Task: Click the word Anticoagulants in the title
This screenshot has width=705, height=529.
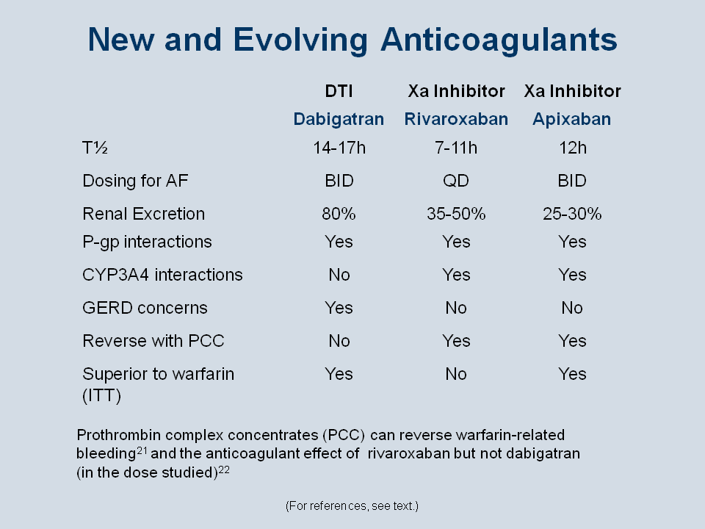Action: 499,40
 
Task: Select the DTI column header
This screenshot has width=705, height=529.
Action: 339,91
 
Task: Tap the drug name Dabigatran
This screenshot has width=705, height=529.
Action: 339,119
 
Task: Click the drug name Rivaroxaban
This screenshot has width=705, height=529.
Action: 456,119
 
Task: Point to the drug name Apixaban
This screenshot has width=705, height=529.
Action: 571,119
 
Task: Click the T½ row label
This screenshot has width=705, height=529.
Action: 95,148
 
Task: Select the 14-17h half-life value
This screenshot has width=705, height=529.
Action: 339,148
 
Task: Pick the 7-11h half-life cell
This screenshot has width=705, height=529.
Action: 455,148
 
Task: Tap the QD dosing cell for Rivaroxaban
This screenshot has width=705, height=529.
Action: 456,181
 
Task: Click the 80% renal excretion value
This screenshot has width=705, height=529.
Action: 339,214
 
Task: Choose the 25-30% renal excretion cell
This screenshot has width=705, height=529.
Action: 572,214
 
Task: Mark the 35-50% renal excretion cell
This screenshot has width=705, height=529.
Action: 456,214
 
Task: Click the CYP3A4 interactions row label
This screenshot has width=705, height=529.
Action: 162,275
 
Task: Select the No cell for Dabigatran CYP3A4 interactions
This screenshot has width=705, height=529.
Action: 339,275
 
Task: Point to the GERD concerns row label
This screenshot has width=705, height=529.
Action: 145,308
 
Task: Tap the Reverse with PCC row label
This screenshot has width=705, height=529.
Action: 153,341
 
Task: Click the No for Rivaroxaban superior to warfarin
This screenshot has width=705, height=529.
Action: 456,374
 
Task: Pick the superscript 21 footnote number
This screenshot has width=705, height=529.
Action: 142,450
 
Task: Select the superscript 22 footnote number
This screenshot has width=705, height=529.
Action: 224,469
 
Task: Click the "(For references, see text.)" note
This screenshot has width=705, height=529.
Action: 352,506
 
